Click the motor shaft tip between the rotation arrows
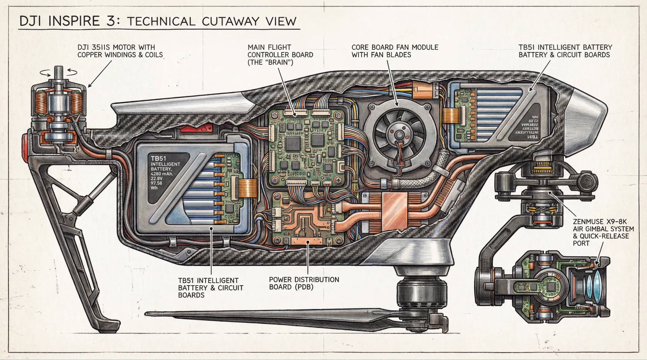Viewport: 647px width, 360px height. pyautogui.click(x=59, y=70)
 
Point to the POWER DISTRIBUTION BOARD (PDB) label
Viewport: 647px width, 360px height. pyautogui.click(x=304, y=283)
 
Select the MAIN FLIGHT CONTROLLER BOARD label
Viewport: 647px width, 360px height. pyautogui.click(x=280, y=55)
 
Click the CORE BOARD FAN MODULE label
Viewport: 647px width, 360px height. pyautogui.click(x=394, y=51)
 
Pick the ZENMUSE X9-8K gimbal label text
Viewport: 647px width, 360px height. pyautogui.click(x=603, y=232)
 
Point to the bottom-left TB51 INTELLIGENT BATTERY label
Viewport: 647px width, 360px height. pyautogui.click(x=210, y=288)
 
